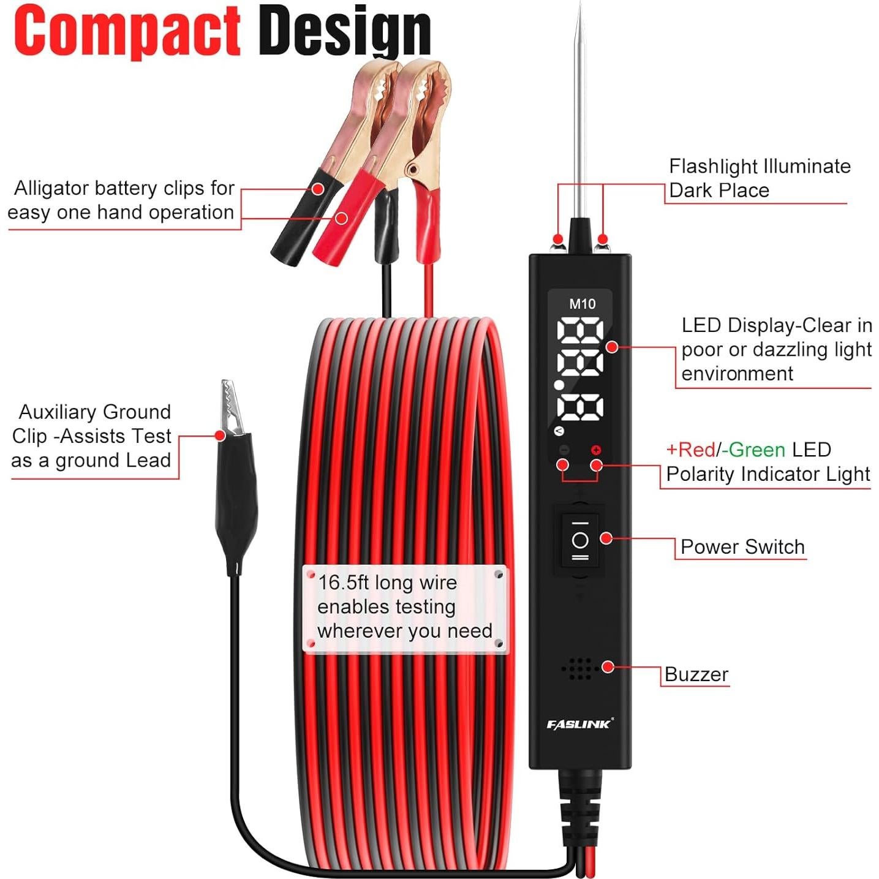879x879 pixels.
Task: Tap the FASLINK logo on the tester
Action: (579, 725)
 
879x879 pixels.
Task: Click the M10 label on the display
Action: (582, 304)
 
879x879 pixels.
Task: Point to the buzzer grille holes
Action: (578, 669)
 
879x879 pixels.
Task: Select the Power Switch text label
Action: (742, 547)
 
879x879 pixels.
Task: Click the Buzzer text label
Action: (696, 674)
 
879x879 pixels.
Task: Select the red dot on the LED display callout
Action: (611, 347)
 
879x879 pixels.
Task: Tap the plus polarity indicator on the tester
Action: (596, 450)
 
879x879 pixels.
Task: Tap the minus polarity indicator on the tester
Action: (564, 450)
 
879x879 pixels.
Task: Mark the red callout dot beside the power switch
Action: (606, 538)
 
